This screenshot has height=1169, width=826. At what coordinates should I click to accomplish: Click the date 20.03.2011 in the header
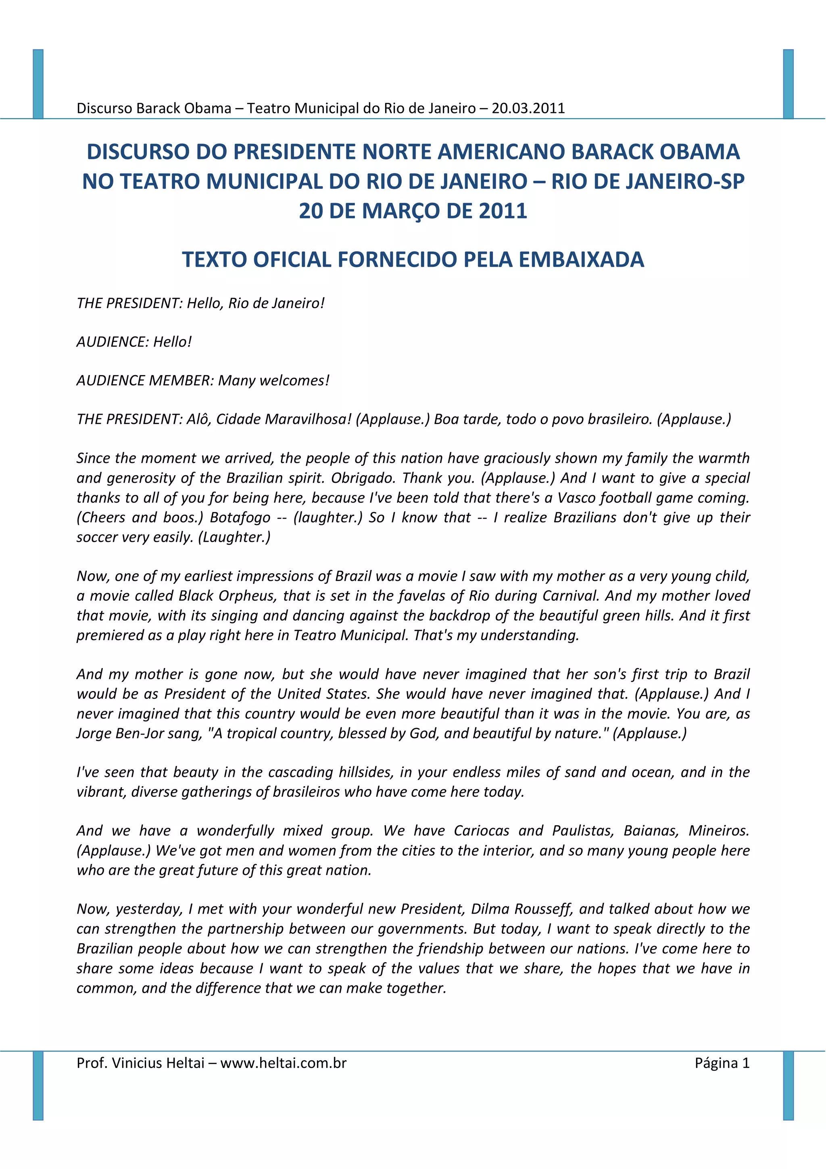point(528,108)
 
